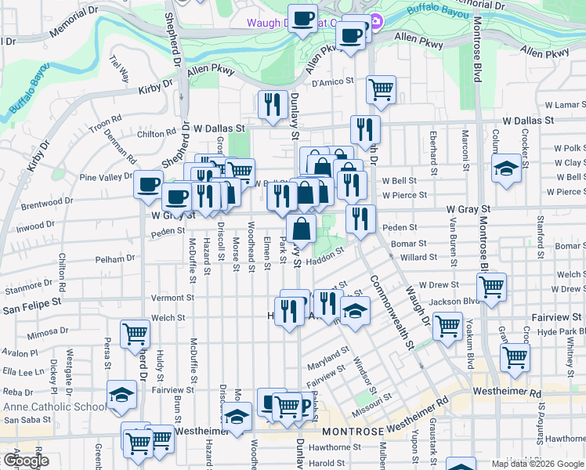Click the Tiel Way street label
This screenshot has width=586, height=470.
coord(121,69)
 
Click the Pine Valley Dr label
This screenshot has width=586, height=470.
coord(106,178)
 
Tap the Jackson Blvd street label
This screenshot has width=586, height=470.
coord(454,301)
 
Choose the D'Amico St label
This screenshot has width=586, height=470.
coord(335,81)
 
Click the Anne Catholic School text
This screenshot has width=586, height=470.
coord(54,407)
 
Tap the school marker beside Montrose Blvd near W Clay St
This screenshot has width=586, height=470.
coord(506,168)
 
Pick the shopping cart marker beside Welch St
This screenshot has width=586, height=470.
coord(135,333)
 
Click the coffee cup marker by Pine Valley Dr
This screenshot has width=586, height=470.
coord(148,185)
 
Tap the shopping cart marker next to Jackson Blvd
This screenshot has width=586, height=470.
coord(491,287)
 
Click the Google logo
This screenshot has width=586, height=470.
coord(25,461)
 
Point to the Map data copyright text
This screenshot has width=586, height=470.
coord(537,464)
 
